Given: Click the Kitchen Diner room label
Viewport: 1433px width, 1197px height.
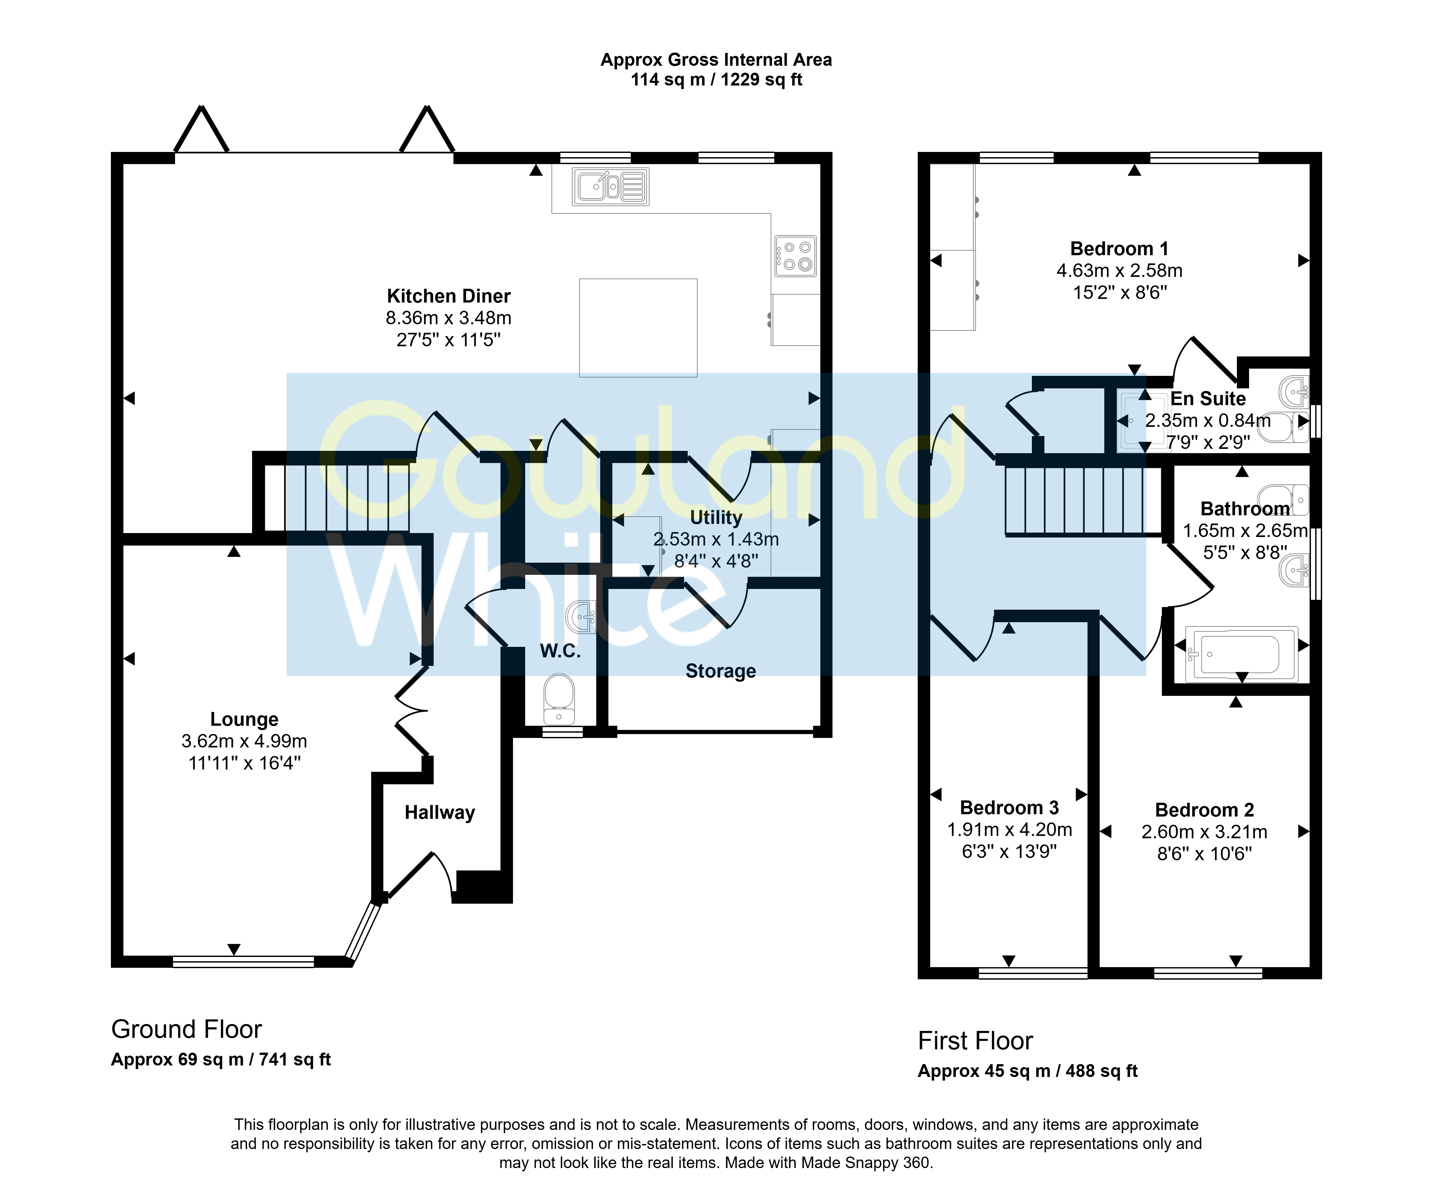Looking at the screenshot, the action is [x=448, y=296].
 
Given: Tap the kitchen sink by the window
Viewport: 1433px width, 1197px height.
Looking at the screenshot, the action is [x=611, y=186].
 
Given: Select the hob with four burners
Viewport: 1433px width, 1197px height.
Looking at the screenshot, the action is [x=796, y=256].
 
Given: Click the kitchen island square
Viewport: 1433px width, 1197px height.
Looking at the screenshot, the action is [x=638, y=328].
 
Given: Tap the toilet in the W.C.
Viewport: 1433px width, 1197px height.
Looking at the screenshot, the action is [x=559, y=698].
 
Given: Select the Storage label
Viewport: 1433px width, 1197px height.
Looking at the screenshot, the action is [x=721, y=671].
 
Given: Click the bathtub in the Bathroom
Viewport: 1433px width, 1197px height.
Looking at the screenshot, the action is [x=1241, y=654].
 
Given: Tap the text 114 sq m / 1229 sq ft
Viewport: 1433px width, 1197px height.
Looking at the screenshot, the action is [x=717, y=80].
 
